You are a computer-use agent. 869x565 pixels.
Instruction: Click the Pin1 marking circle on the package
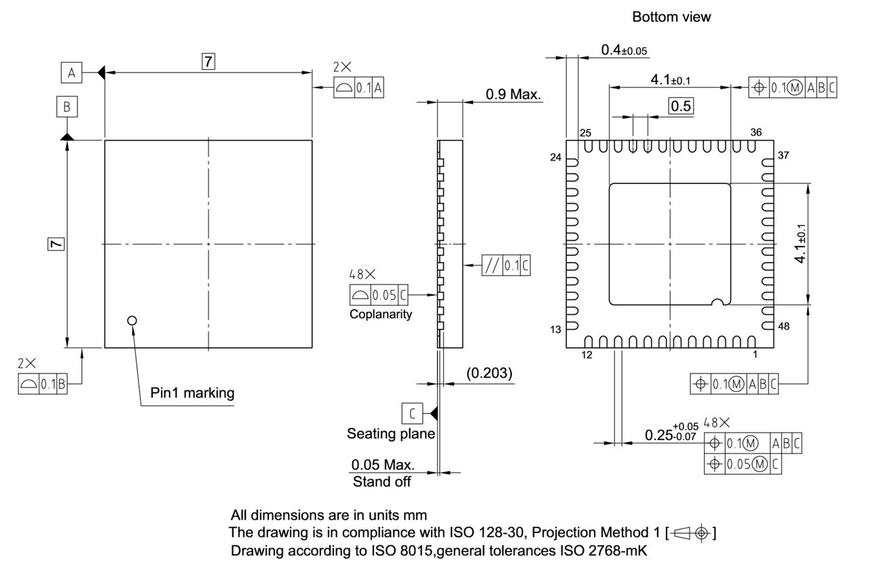click(x=132, y=320)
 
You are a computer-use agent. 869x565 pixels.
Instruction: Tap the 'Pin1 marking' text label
click(x=192, y=393)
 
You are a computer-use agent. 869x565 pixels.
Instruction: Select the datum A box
click(x=71, y=71)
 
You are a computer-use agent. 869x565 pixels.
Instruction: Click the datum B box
click(x=67, y=107)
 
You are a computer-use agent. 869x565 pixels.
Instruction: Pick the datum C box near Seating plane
click(x=411, y=412)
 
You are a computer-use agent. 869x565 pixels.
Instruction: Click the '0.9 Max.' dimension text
click(x=513, y=94)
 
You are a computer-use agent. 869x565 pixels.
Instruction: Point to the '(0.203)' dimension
click(x=489, y=373)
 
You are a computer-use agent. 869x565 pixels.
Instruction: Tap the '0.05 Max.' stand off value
click(x=382, y=465)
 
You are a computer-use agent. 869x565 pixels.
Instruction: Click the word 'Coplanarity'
click(x=381, y=314)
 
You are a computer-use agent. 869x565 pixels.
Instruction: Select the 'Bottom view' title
click(x=671, y=18)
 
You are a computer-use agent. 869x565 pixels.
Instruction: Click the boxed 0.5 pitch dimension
click(x=681, y=106)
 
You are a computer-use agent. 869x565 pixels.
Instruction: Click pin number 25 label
click(x=585, y=132)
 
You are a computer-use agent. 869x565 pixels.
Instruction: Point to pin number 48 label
click(x=783, y=327)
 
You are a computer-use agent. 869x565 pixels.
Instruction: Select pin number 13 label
click(x=556, y=329)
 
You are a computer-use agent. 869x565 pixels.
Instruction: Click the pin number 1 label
click(x=754, y=354)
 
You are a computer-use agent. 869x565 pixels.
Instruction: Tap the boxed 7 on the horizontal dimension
click(x=208, y=62)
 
